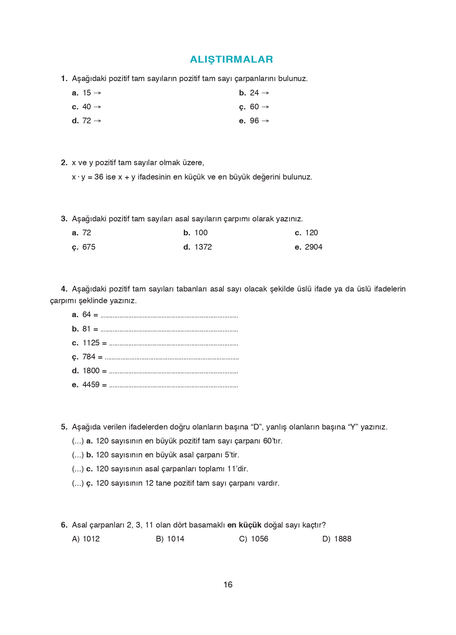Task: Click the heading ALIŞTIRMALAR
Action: (x=231, y=59)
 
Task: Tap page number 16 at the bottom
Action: (x=228, y=584)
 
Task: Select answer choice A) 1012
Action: (x=86, y=539)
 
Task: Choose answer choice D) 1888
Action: (x=337, y=539)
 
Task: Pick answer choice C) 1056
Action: (x=253, y=539)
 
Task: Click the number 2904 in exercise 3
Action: (x=314, y=247)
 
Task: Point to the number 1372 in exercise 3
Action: (x=203, y=247)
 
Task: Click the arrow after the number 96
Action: (x=265, y=121)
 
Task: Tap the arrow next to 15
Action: (x=97, y=93)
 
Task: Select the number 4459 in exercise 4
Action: (x=91, y=385)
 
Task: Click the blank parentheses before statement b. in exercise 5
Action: (x=78, y=455)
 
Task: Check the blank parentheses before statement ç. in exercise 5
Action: (x=78, y=483)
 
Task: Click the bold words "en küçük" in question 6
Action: (x=244, y=525)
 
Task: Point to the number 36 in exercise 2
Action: (x=99, y=177)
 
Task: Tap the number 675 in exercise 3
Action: (x=89, y=247)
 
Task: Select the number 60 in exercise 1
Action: (x=254, y=107)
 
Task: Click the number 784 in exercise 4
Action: (x=89, y=357)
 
